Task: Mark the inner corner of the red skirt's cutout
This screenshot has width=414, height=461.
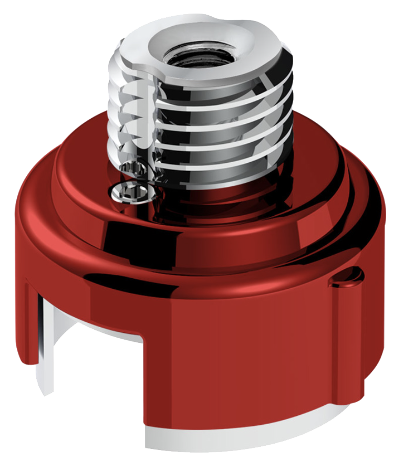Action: (143, 339)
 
